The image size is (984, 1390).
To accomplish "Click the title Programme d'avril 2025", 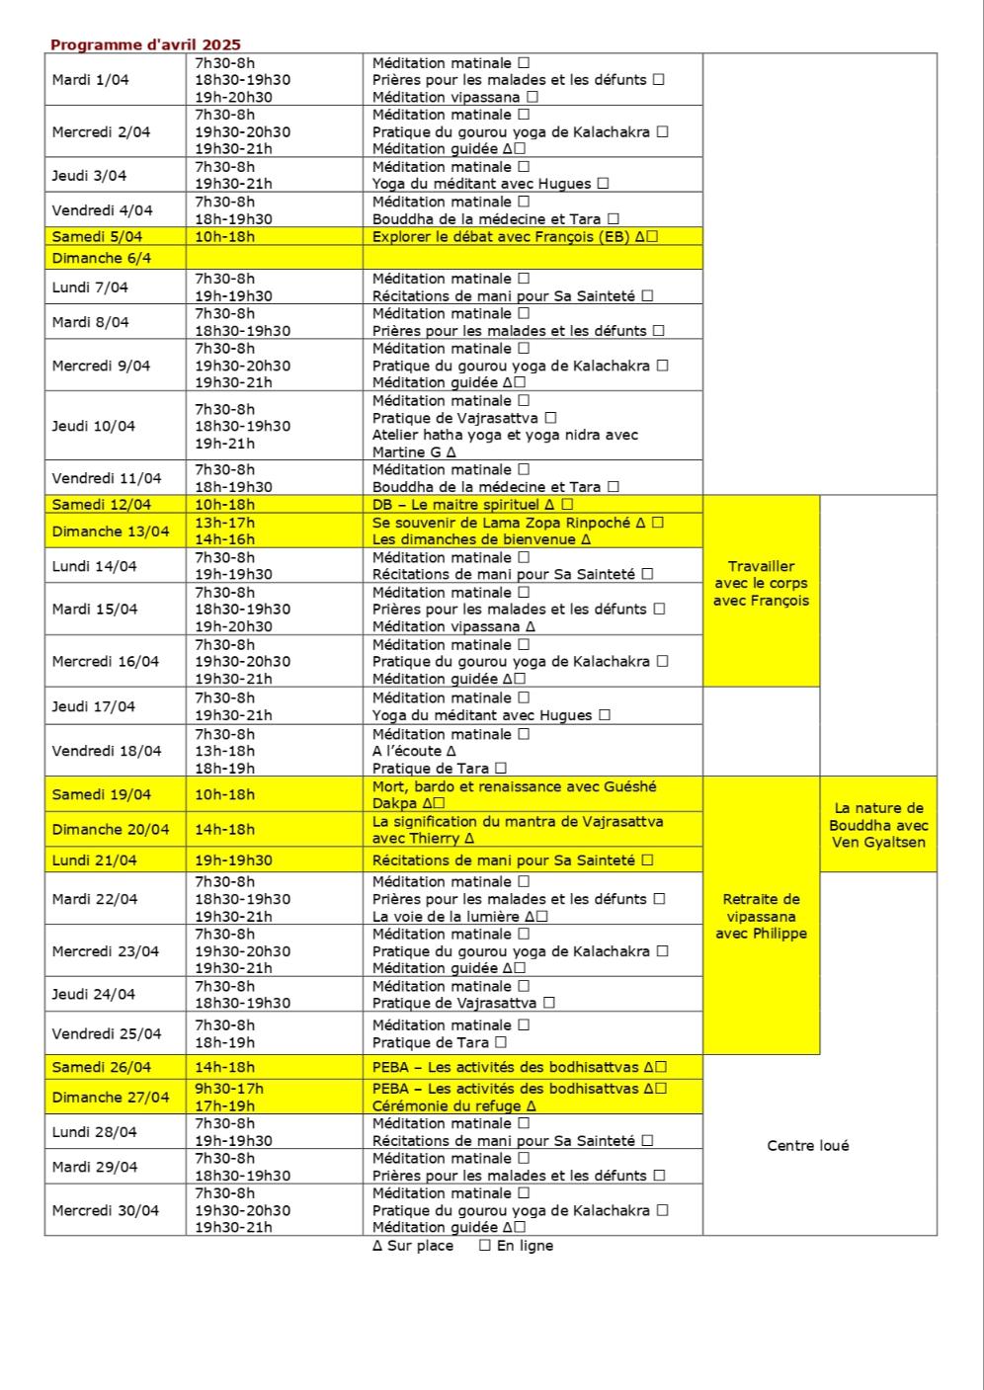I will pos(145,44).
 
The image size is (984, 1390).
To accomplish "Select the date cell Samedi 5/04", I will pos(97,237).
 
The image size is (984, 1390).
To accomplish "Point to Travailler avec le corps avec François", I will pos(761,583).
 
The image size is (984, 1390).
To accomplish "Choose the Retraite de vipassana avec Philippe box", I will pos(761,916).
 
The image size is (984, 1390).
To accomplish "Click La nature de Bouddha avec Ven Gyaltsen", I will pos(878,825).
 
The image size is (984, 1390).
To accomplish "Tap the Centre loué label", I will pos(807,1146).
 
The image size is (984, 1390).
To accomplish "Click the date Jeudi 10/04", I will pos(94,427).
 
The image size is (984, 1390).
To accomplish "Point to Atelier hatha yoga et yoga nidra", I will pos(505,435).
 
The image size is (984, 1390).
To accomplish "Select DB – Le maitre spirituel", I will pos(455,505).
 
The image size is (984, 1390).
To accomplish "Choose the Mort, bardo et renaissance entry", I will pos(514,787).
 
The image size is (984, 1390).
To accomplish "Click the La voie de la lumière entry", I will pos(446,916).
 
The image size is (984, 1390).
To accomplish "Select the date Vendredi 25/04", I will pos(106,1034).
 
